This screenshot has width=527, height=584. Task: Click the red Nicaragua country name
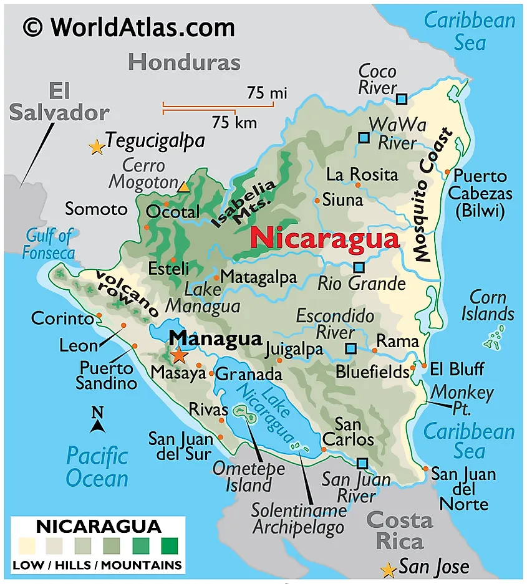pyautogui.click(x=324, y=239)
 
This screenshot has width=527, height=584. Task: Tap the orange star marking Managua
pyautogui.click(x=179, y=355)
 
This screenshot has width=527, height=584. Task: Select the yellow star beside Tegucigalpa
pyautogui.click(x=97, y=147)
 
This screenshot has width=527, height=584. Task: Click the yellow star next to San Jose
pyautogui.click(x=389, y=570)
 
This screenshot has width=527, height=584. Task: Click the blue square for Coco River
pyautogui.click(x=402, y=98)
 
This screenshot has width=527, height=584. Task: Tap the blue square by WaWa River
pyautogui.click(x=364, y=137)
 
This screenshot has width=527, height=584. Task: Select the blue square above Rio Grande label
pyautogui.click(x=359, y=267)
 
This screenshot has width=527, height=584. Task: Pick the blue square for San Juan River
pyautogui.click(x=362, y=463)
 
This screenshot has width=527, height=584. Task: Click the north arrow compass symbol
pyautogui.click(x=97, y=421)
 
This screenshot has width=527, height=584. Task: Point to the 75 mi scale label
pyautogui.click(x=267, y=93)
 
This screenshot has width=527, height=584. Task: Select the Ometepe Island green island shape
pyautogui.click(x=241, y=412)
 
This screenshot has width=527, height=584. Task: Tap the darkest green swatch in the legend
pyautogui.click(x=169, y=547)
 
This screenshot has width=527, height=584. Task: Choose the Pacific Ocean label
pyautogui.click(x=97, y=467)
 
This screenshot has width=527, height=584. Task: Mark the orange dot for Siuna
pyautogui.click(x=317, y=201)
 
